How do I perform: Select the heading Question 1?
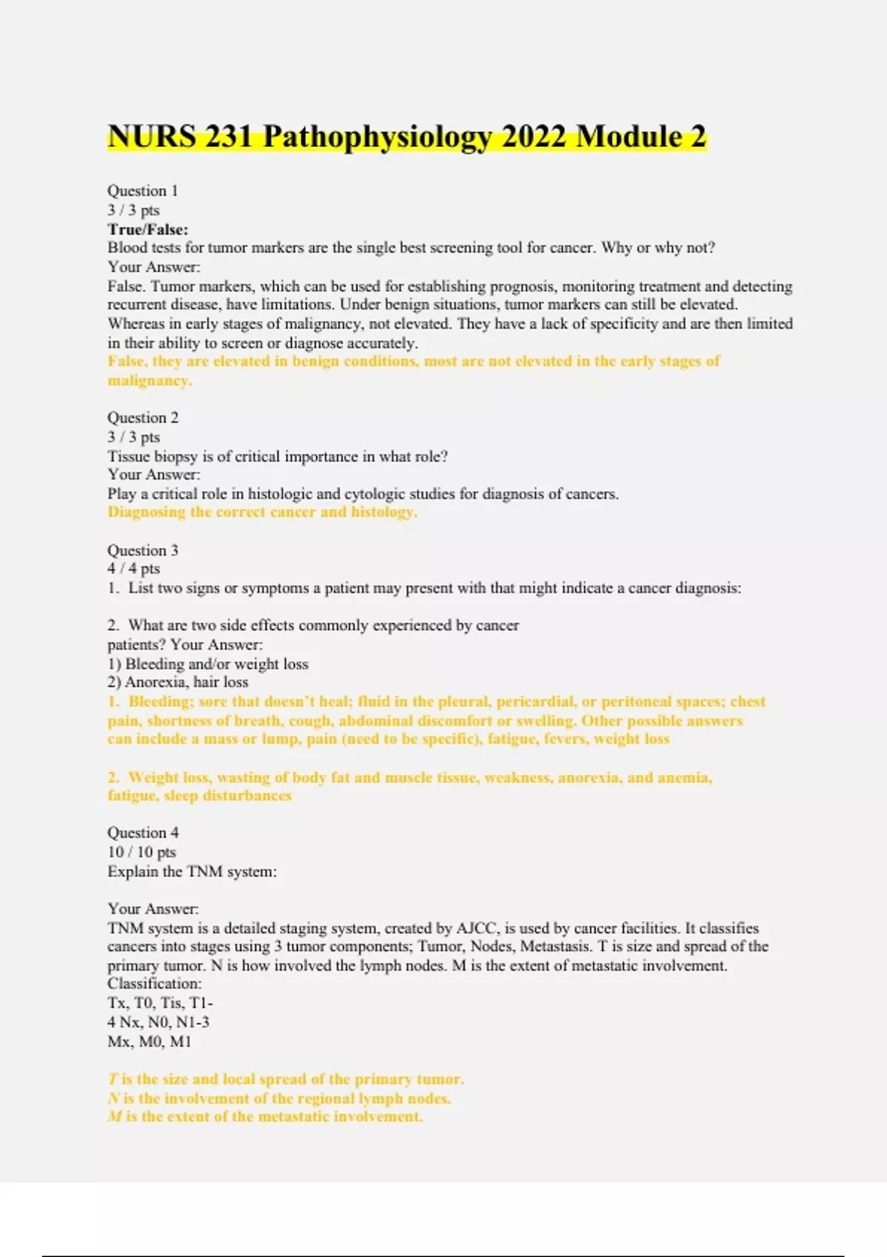pos(143,191)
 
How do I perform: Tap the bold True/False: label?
pos(148,229)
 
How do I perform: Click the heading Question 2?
pos(143,418)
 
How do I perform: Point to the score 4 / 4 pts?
pos(134,569)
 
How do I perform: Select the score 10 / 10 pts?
pos(142,852)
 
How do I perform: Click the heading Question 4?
pos(143,833)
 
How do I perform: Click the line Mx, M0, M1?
pos(149,1041)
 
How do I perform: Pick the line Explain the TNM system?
pos(192,872)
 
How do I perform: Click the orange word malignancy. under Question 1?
pos(149,381)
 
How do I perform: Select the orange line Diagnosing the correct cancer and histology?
pos(262,512)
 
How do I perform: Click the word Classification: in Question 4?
pos(154,984)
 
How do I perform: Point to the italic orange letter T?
pos(113,1080)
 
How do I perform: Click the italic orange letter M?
pos(115,1117)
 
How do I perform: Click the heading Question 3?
pos(143,550)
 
